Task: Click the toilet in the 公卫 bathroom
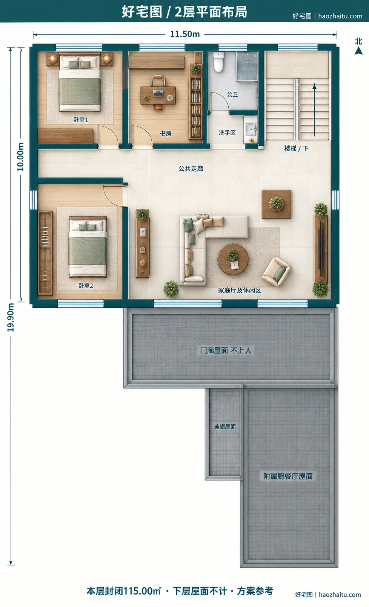coord(218,62)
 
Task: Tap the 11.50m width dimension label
coord(185,34)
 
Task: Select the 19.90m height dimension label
coord(11,317)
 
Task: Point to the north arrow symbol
coord(359,51)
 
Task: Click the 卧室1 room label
coord(81,120)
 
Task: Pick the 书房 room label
coord(166,133)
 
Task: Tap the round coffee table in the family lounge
coord(233,259)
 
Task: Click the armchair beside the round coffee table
coord(276,271)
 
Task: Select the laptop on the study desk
coord(158,93)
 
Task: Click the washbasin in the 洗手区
coord(250,129)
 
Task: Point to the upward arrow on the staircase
coord(314,110)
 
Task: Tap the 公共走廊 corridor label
coord(191,169)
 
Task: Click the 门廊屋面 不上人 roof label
coord(226,350)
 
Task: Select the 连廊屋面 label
coord(225,427)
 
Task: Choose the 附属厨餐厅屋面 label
coord(288,476)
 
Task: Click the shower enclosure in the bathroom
coord(247,66)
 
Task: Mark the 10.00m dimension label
coord(20,157)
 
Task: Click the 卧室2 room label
coord(86,286)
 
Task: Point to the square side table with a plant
coord(276,204)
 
